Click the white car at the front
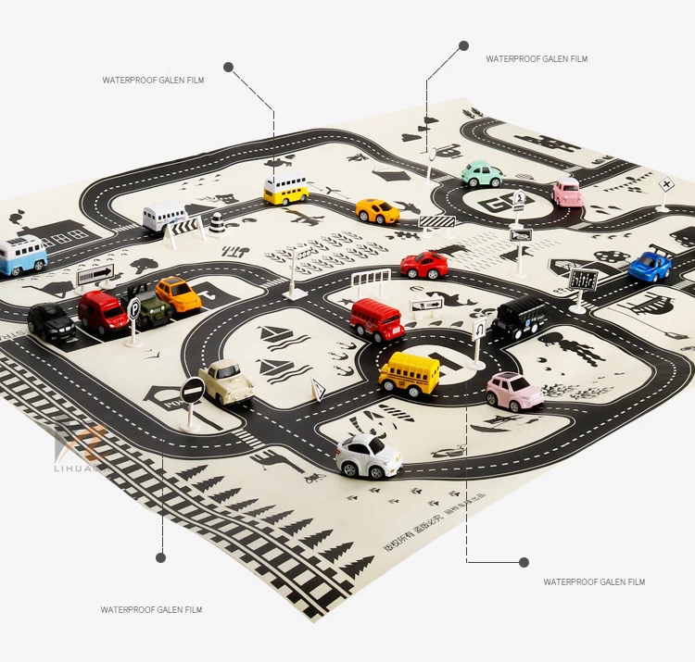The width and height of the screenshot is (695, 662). pyautogui.click(x=369, y=455)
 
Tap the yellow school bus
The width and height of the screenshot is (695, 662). pyautogui.click(x=410, y=372)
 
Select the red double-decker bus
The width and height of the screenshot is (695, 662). pyautogui.click(x=377, y=319)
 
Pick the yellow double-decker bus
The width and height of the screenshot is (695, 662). pyautogui.click(x=285, y=191)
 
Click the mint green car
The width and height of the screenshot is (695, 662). pyautogui.click(x=482, y=173)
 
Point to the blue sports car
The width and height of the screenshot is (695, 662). pyautogui.click(x=651, y=266)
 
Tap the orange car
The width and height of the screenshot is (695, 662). pyautogui.click(x=178, y=294)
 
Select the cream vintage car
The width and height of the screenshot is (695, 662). pyautogui.click(x=226, y=381)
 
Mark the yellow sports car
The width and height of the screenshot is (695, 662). pyautogui.click(x=377, y=211)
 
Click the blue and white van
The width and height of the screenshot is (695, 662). pyautogui.click(x=21, y=255)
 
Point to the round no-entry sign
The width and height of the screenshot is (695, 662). pyautogui.click(x=193, y=392)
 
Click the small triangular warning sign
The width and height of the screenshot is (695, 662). pyautogui.click(x=318, y=391)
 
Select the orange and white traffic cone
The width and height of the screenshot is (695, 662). pyautogui.click(x=217, y=223)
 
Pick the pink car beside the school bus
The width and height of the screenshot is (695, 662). pyautogui.click(x=514, y=391)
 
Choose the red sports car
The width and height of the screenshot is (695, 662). pyautogui.click(x=424, y=265)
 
